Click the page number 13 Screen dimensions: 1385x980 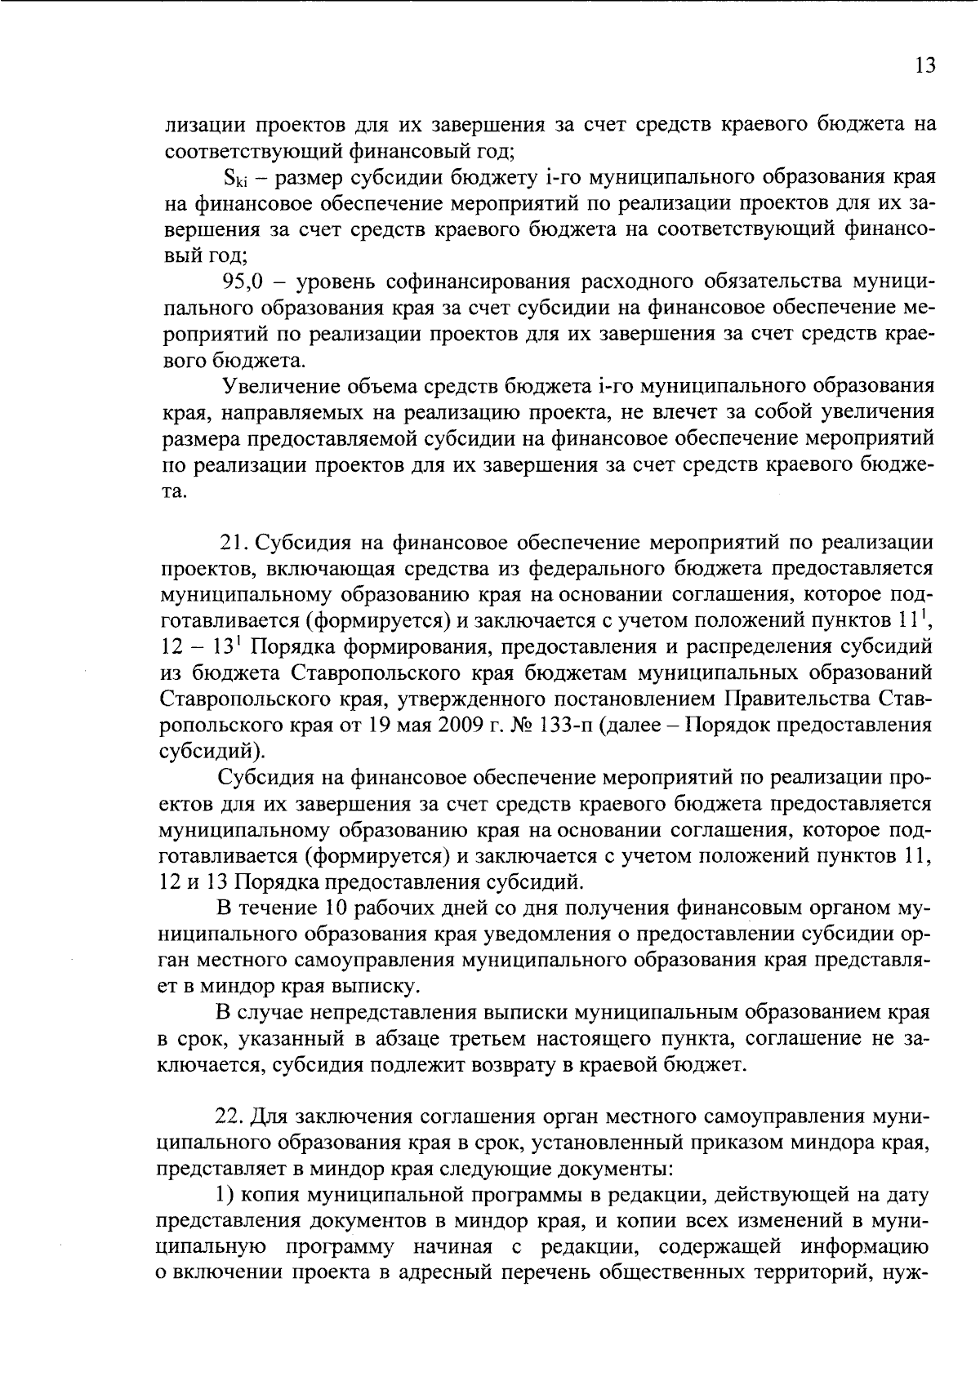coord(924,66)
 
